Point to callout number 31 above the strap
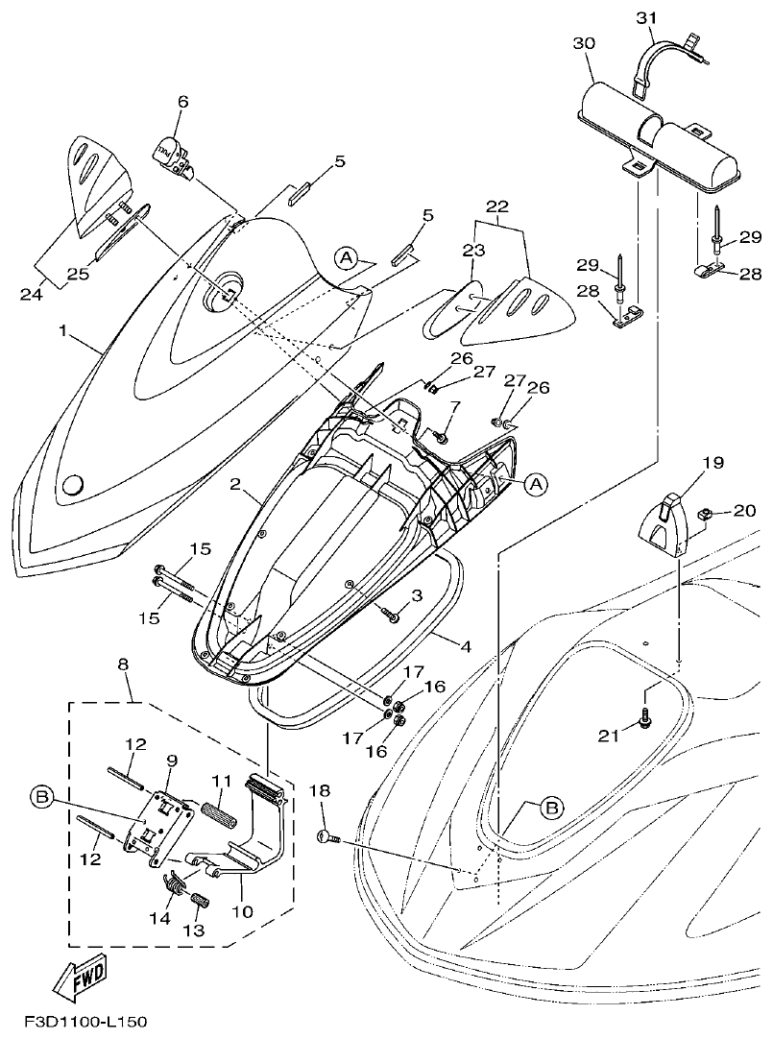[645, 17]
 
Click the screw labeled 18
[328, 838]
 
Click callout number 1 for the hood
[62, 331]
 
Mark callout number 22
[497, 206]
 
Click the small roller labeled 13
[198, 902]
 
